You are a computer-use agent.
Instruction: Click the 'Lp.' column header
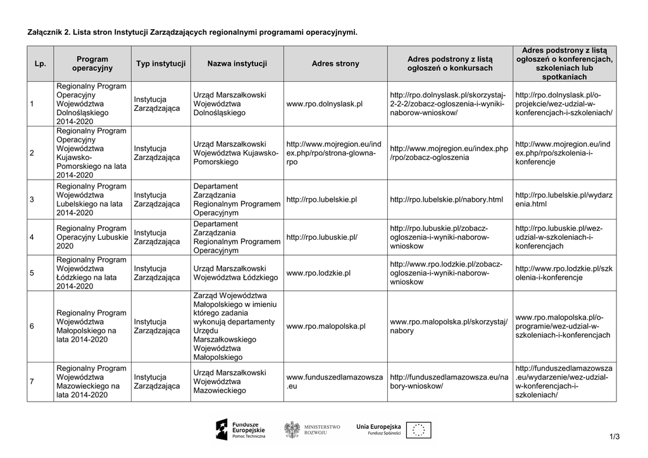click(40, 64)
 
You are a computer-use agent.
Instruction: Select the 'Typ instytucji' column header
click(161, 64)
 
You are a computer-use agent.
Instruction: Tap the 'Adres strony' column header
click(335, 64)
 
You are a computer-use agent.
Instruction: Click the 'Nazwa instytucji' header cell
click(237, 64)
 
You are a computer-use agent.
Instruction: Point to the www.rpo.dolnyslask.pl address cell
click(324, 104)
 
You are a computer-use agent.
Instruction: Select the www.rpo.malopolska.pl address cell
click(326, 326)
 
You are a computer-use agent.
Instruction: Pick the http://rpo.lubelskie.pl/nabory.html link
click(446, 200)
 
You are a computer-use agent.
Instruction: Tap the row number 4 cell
click(32, 238)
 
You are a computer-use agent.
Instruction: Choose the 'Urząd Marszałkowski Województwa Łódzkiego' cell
click(235, 273)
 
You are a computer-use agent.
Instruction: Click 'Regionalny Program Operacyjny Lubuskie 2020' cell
click(92, 237)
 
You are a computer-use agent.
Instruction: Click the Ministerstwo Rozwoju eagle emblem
click(292, 430)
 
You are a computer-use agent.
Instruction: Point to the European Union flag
click(418, 430)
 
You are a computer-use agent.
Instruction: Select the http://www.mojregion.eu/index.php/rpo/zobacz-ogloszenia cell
click(449, 153)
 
